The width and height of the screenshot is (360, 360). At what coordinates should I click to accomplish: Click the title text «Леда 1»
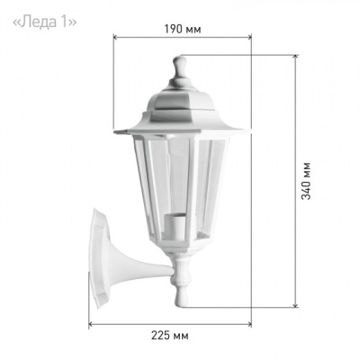click(x=44, y=22)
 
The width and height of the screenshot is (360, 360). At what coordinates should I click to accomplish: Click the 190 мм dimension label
click(x=183, y=29)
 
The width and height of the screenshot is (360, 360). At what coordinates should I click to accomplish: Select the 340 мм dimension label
click(x=306, y=181)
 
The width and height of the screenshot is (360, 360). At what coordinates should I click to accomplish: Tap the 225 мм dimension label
click(x=170, y=336)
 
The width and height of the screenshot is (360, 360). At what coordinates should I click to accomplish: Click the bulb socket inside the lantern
click(x=175, y=226)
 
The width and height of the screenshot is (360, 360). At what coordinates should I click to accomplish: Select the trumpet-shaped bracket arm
click(x=141, y=264)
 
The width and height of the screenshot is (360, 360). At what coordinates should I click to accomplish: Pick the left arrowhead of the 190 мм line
click(x=115, y=37)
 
